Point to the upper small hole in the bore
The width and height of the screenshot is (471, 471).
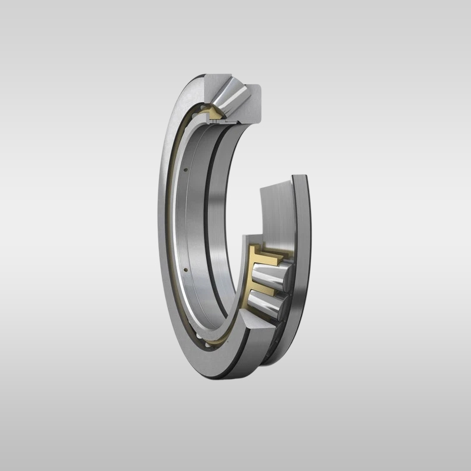(x=186, y=170)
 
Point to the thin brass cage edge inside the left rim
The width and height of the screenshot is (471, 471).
(x=176, y=235)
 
